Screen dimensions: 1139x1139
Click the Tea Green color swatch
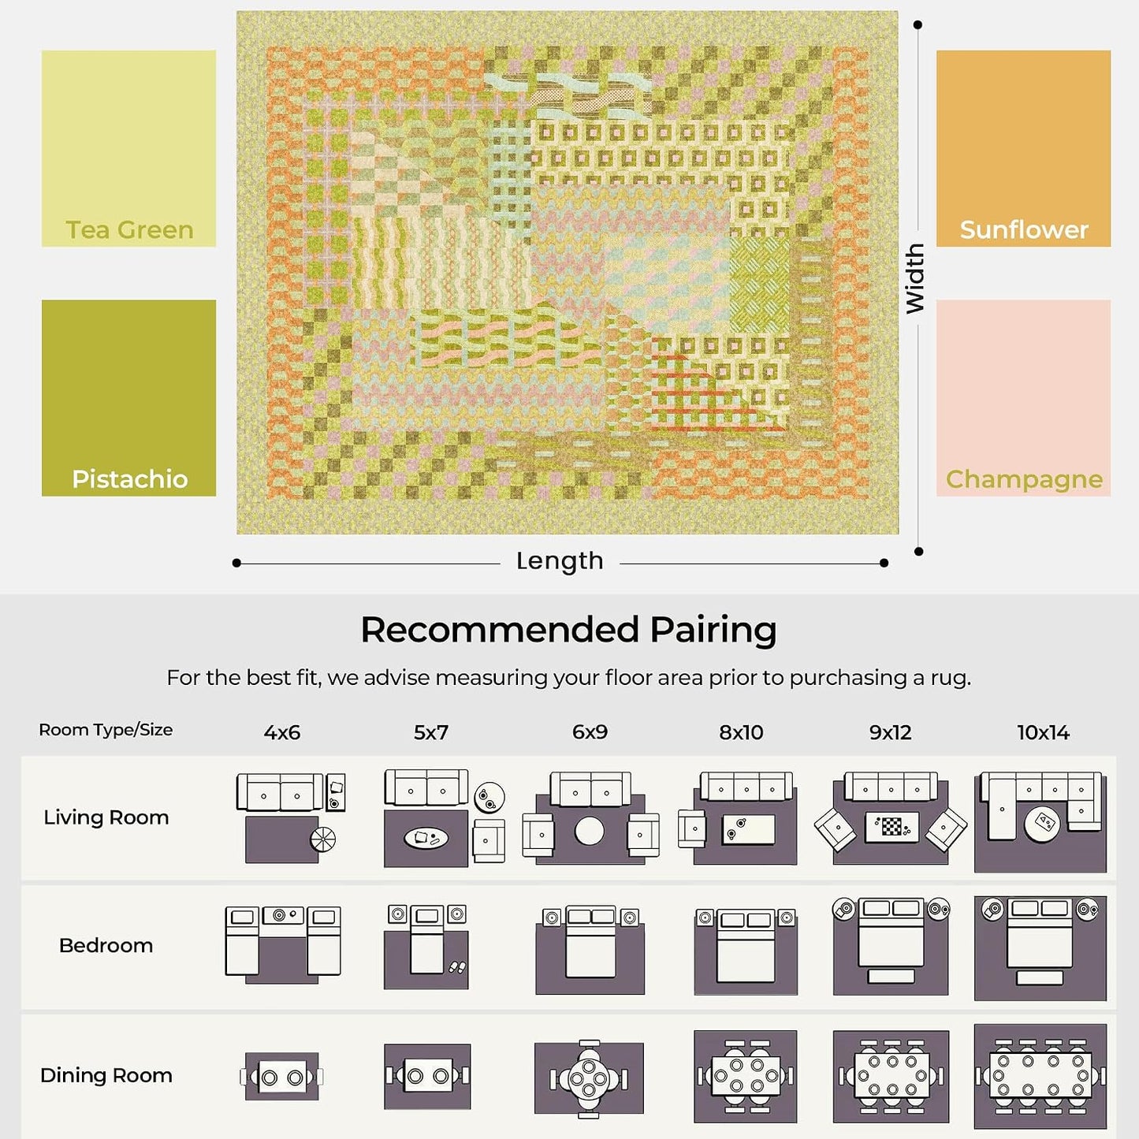(x=128, y=147)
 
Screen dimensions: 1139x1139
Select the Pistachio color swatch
(x=128, y=398)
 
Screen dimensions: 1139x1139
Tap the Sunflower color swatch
(x=1023, y=147)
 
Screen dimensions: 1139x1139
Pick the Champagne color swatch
(x=1023, y=398)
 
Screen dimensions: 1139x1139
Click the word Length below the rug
(x=560, y=561)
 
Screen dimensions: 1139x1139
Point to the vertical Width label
(x=915, y=277)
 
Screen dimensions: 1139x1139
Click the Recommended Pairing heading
(x=568, y=630)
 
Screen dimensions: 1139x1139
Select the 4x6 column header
(x=282, y=733)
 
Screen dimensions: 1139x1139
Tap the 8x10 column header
(x=741, y=733)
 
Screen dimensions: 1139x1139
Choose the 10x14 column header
(x=1044, y=733)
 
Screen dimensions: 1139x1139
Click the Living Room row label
(x=106, y=817)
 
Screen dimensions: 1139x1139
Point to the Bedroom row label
(x=106, y=946)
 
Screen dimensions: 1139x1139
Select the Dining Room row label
(x=106, y=1075)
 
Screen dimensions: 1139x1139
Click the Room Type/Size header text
(x=106, y=730)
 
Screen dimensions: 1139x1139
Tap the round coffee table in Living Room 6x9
(x=590, y=831)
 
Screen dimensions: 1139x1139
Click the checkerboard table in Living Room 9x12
(x=891, y=826)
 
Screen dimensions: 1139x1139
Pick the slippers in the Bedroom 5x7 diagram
(x=457, y=968)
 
